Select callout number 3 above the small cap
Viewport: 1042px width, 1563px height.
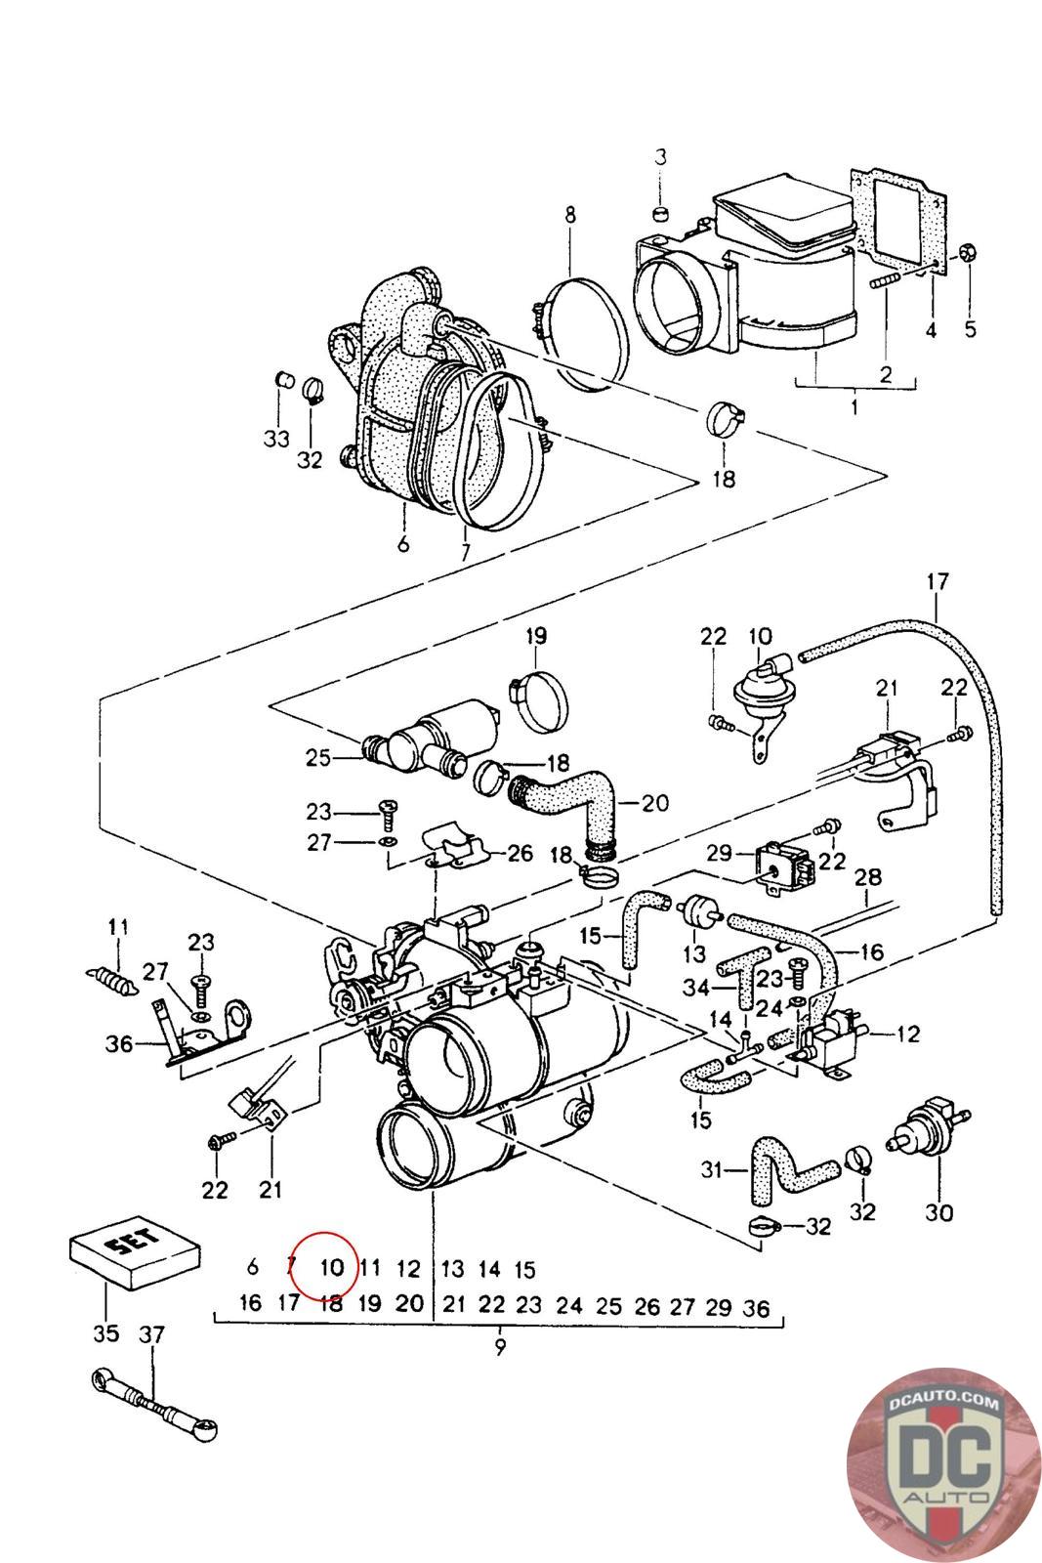pyautogui.click(x=660, y=157)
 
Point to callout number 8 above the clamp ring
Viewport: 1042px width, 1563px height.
pyautogui.click(x=570, y=215)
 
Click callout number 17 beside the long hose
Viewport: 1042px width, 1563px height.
pyautogui.click(x=937, y=583)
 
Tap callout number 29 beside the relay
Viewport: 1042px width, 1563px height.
pyautogui.click(x=719, y=852)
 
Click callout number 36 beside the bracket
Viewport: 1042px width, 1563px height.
pyautogui.click(x=119, y=1043)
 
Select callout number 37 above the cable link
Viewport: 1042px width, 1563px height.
pyautogui.click(x=151, y=1333)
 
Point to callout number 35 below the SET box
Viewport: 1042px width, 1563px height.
pyautogui.click(x=105, y=1333)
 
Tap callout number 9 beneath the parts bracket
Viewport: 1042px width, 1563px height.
pyautogui.click(x=500, y=1347)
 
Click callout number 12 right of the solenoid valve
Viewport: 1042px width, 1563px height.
pyautogui.click(x=908, y=1034)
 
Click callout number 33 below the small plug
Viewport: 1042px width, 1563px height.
pyautogui.click(x=277, y=439)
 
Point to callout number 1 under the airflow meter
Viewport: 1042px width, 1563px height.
pyautogui.click(x=854, y=405)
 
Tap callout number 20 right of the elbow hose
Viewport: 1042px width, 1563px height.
pyautogui.click(x=655, y=803)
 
